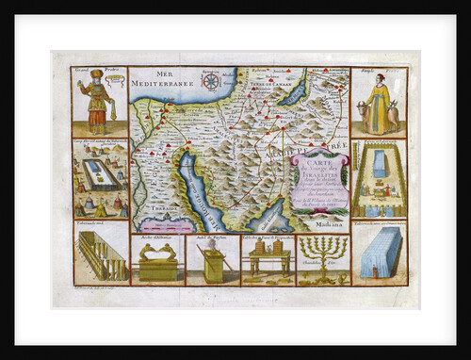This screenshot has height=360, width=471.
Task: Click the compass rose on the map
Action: coord(211,82)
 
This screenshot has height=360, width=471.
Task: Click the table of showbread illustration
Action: coord(268,261)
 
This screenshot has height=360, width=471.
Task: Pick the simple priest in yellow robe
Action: coord(377,106)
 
